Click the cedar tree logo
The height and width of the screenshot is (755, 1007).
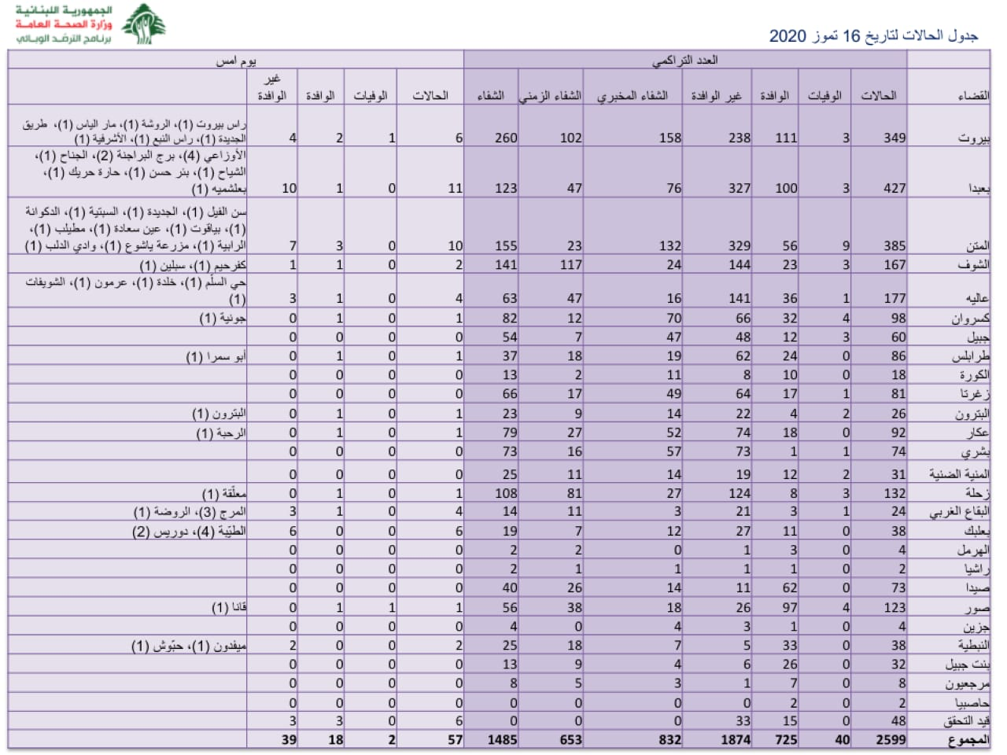point(143,24)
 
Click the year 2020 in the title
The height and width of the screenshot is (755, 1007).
point(788,36)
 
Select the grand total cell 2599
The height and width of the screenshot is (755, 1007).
point(890,739)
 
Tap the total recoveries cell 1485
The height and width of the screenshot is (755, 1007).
point(501,739)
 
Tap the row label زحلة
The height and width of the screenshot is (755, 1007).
point(977,493)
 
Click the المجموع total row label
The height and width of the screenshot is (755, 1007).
point(969,739)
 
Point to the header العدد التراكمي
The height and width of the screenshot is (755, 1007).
point(684,60)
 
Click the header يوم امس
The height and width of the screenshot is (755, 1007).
point(236,60)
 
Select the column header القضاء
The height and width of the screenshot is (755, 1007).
point(972,95)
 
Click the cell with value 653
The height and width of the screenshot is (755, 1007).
point(570,739)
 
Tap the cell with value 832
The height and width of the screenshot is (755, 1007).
point(669,739)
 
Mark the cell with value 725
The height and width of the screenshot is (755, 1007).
point(785,739)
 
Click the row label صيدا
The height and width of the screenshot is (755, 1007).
point(976,588)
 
